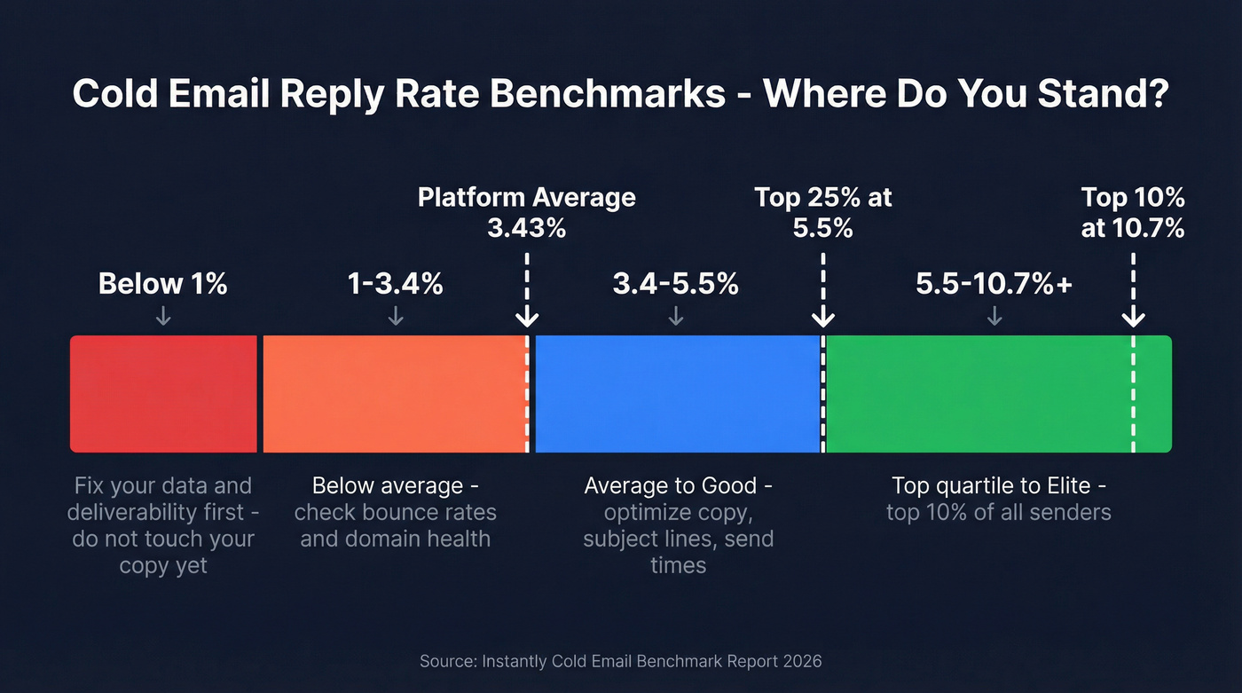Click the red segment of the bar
click(x=163, y=394)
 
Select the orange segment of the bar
click(x=395, y=394)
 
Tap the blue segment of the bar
click(x=678, y=394)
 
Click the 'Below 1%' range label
click(x=163, y=284)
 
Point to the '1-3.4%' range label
click(x=396, y=284)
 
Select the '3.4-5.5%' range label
click(x=675, y=284)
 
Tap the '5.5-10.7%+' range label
click(x=994, y=284)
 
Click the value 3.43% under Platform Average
click(x=526, y=228)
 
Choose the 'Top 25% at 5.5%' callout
click(x=823, y=212)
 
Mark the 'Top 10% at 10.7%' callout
click(x=1133, y=212)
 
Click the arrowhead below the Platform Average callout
click(x=527, y=319)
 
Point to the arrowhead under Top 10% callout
click(x=1133, y=319)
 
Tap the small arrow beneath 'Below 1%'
click(x=163, y=316)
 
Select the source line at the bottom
click(x=621, y=661)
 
